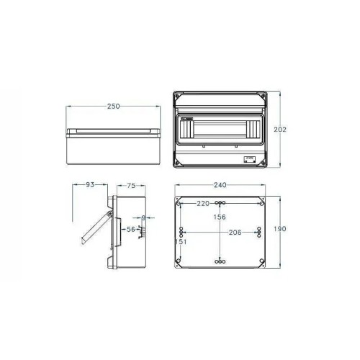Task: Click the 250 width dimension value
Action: pos(112,106)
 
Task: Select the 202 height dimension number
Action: pos(282,130)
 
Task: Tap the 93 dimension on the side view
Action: pos(90,185)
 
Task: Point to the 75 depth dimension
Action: pos(131,185)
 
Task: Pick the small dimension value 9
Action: pos(144,217)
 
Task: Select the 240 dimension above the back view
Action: pos(220,185)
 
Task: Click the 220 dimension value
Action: pos(203,203)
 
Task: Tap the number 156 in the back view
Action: pos(219,217)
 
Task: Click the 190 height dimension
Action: pos(281,229)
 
